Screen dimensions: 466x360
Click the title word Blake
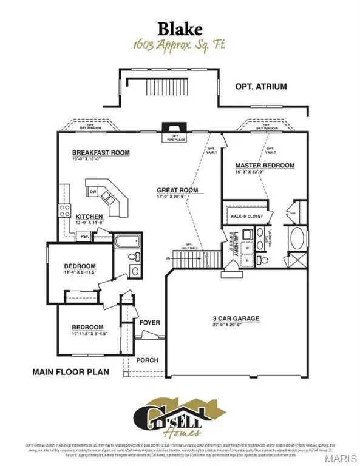[180, 29]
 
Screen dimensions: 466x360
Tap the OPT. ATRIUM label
[260, 87]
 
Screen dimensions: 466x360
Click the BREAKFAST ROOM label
[101, 153]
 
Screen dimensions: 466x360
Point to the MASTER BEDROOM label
[265, 165]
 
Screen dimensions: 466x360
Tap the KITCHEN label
[89, 217]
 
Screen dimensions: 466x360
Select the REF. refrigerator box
[84, 237]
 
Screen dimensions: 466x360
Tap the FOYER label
[149, 322]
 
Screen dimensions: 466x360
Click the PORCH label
[146, 360]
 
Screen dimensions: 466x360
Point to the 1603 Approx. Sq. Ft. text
[180, 45]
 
